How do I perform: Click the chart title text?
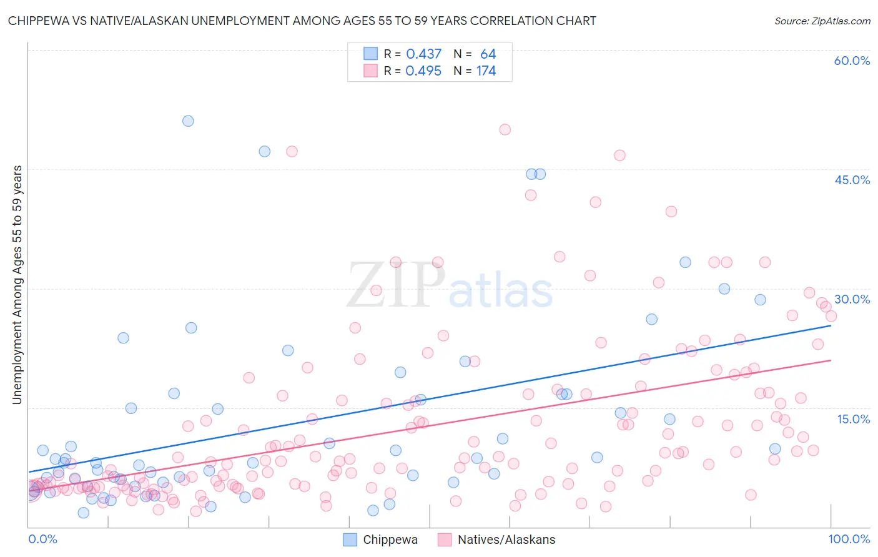pyautogui.click(x=302, y=21)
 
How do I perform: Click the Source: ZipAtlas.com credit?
pyautogui.click(x=822, y=21)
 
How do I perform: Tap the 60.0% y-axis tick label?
pyautogui.click(x=852, y=61)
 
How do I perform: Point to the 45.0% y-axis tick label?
pyautogui.click(x=852, y=180)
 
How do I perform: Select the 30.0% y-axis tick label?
pyautogui.click(x=852, y=299)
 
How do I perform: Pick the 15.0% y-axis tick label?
pyautogui.click(x=853, y=419)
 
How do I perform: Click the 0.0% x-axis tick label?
pyautogui.click(x=42, y=539)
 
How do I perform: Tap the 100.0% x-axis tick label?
pyautogui.click(x=849, y=539)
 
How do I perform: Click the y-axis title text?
pyautogui.click(x=17, y=285)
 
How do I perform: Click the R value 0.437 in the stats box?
pyautogui.click(x=423, y=54)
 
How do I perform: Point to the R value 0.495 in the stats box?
pyautogui.click(x=423, y=71)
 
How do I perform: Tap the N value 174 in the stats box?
pyautogui.click(x=486, y=71)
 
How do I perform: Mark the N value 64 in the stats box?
pyautogui.click(x=488, y=54)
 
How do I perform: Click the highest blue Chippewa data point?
pyautogui.click(x=188, y=121)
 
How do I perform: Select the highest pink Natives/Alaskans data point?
pyautogui.click(x=505, y=130)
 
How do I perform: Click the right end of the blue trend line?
pyautogui.click(x=831, y=325)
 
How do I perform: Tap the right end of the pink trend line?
pyautogui.click(x=831, y=360)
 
